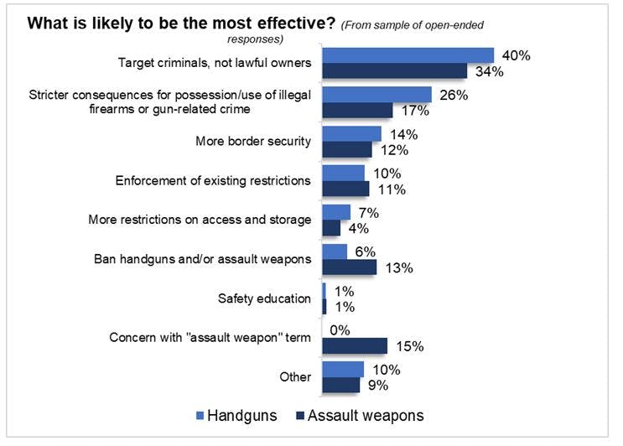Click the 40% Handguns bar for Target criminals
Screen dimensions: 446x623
click(x=408, y=55)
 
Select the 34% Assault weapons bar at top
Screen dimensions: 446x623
click(x=395, y=71)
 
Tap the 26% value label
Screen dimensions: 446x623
click(x=453, y=95)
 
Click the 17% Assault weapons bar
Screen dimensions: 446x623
click(x=358, y=110)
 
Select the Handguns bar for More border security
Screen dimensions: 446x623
click(x=352, y=134)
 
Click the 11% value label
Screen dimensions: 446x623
click(x=391, y=189)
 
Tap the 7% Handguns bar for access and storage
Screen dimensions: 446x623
click(x=336, y=212)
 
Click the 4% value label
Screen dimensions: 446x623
click(x=358, y=228)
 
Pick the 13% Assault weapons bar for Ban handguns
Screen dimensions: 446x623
click(x=350, y=267)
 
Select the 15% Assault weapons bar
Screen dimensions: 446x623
click(x=355, y=345)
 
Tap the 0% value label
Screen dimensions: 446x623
click(x=341, y=329)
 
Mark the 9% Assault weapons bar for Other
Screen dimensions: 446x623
click(x=341, y=385)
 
